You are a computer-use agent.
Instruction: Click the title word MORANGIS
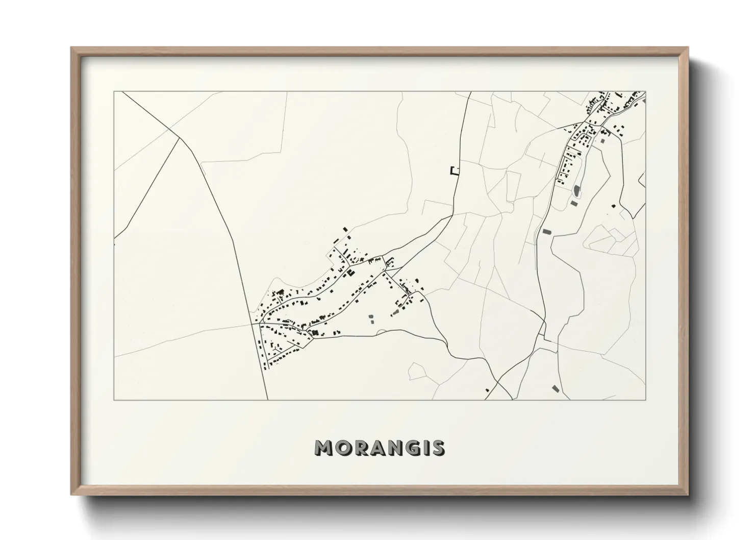point(380,448)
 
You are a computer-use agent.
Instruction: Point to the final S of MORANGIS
point(438,448)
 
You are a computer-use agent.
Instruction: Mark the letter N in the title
point(395,448)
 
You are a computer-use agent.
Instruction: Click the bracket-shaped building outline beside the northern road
point(454,171)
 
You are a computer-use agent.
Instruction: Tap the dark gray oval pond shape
point(577,191)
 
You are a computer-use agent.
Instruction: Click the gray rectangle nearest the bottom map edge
point(555,388)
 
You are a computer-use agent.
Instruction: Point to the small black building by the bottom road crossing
point(487,390)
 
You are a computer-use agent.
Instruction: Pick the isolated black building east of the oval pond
point(613,206)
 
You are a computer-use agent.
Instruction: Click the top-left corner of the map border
point(114,92)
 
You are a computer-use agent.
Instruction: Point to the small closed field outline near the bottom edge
point(417,371)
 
